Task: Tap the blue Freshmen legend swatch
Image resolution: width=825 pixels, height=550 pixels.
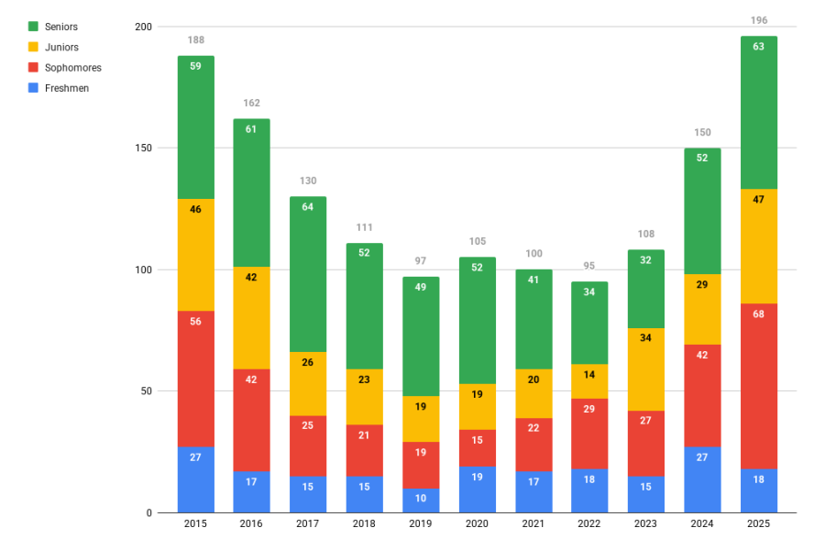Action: [34, 88]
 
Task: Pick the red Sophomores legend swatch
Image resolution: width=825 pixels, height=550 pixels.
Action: [34, 68]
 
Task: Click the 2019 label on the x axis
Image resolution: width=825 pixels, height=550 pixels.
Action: [421, 524]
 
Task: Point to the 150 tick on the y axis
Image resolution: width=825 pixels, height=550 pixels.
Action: [143, 148]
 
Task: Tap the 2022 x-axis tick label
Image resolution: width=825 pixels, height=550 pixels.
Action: [589, 524]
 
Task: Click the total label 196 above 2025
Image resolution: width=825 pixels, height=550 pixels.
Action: [758, 20]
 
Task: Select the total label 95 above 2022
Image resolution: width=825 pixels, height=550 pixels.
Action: [589, 266]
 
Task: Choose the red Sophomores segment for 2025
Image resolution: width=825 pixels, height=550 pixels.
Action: [758, 386]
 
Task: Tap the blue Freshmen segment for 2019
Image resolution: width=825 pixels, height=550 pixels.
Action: [421, 500]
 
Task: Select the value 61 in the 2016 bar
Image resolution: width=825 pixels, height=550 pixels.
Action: [252, 129]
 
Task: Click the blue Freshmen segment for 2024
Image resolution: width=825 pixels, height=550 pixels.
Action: [702, 479]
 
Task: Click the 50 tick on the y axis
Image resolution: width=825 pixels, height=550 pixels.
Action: [146, 391]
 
